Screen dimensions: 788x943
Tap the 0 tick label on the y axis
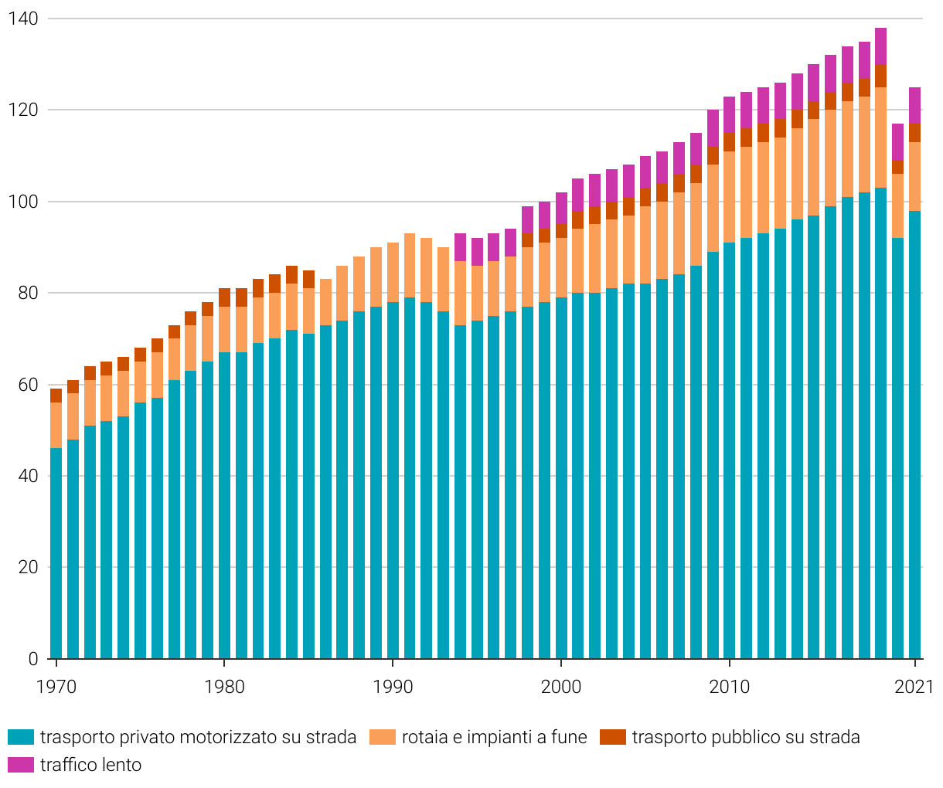pyautogui.click(x=33, y=659)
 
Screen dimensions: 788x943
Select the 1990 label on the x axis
pyautogui.click(x=393, y=687)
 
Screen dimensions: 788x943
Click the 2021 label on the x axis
pyautogui.click(x=913, y=687)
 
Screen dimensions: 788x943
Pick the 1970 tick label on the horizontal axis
pyautogui.click(x=56, y=687)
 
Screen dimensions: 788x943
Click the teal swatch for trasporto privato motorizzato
pyautogui.click(x=21, y=737)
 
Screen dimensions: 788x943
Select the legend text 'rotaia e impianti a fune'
pyautogui.click(x=494, y=737)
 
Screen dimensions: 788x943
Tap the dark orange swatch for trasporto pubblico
pyautogui.click(x=613, y=737)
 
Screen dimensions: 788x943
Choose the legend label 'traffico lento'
pyautogui.click(x=90, y=765)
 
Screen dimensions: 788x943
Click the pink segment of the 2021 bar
pyautogui.click(x=914, y=105)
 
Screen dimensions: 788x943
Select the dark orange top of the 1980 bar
pyautogui.click(x=224, y=297)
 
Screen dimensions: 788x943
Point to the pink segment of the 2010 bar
pyautogui.click(x=729, y=114)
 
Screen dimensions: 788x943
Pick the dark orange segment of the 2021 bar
pyautogui.click(x=914, y=133)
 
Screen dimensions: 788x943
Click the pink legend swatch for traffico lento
pyautogui.click(x=21, y=765)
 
